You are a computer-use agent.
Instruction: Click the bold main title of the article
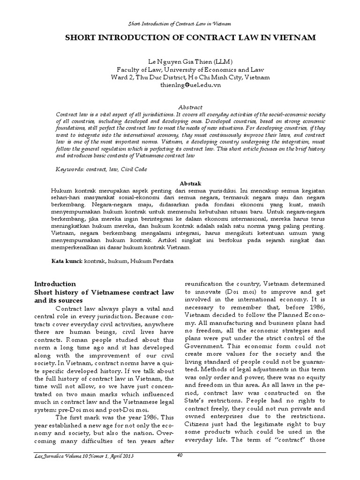point(180,37)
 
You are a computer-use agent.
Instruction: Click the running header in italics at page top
point(180,23)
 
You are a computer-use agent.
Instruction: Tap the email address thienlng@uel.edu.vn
point(180,85)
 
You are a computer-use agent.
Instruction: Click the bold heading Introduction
point(55,284)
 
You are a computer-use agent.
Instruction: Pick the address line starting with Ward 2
point(180,77)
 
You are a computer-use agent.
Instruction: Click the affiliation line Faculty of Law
point(180,69)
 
